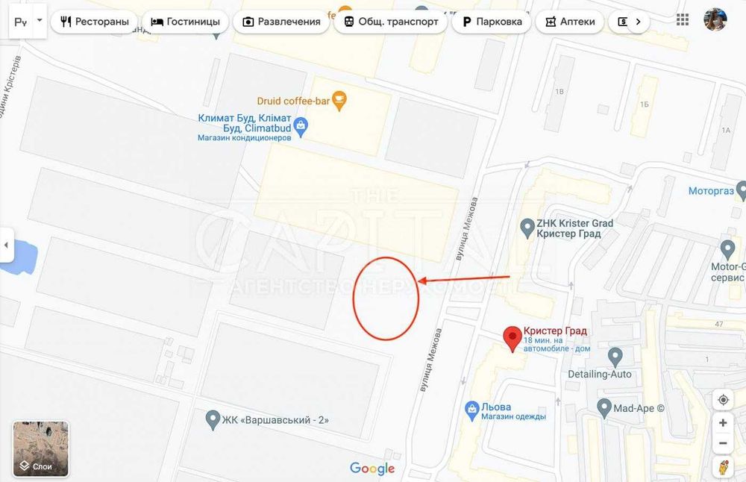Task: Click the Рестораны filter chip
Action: pos(94,22)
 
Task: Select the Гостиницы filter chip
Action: pos(186,22)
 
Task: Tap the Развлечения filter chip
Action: pos(281,22)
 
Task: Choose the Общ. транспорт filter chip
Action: pos(391,22)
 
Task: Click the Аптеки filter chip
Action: pos(571,22)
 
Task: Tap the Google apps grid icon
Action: pos(683,20)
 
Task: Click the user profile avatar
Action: pos(715,20)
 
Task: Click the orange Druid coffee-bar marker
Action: pos(339,100)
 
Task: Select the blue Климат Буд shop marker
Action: pos(301,126)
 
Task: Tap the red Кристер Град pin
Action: pos(512,338)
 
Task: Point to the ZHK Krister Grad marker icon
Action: pos(526,224)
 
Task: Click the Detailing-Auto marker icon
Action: pos(615,357)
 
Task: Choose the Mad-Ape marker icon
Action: pos(604,407)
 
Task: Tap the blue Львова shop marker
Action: pos(471,408)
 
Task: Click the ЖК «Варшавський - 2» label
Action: pos(275,419)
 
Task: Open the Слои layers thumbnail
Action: pos(41,448)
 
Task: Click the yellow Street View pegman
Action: pos(723,467)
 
